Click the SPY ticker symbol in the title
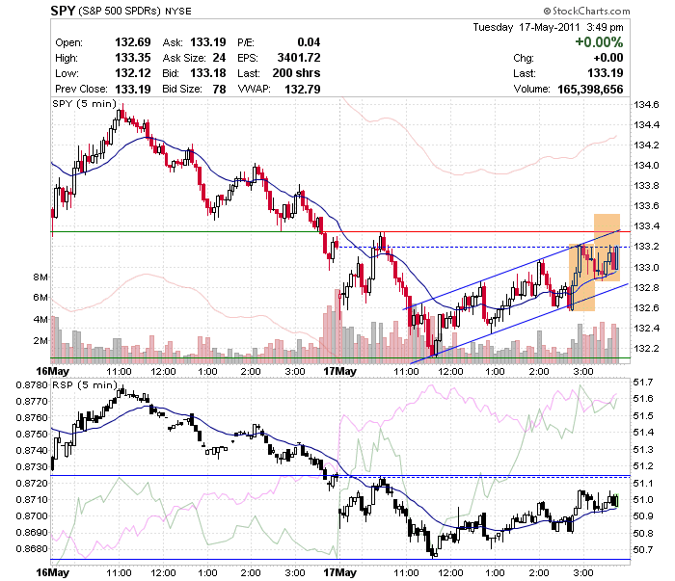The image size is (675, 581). point(63,11)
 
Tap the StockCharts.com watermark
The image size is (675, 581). point(586,11)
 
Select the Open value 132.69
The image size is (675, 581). point(133,42)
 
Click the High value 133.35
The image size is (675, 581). point(133,58)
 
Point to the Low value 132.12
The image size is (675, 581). point(133,73)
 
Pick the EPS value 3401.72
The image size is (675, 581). point(299,58)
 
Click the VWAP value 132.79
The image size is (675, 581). point(303,89)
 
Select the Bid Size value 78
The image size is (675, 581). point(219,89)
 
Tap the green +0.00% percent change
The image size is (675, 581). point(599,42)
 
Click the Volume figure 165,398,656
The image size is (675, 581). point(590,89)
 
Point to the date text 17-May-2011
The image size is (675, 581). point(550,27)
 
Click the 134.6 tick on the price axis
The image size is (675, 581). point(646,104)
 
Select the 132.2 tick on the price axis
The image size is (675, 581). point(646,348)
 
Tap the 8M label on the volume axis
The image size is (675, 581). point(40,277)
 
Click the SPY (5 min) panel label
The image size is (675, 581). point(85,104)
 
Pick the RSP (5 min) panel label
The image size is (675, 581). point(85,384)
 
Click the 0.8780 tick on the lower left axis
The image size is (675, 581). point(32,384)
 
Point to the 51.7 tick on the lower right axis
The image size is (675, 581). point(643,382)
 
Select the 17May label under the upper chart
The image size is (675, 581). point(339,371)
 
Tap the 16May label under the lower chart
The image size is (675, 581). point(52,573)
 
